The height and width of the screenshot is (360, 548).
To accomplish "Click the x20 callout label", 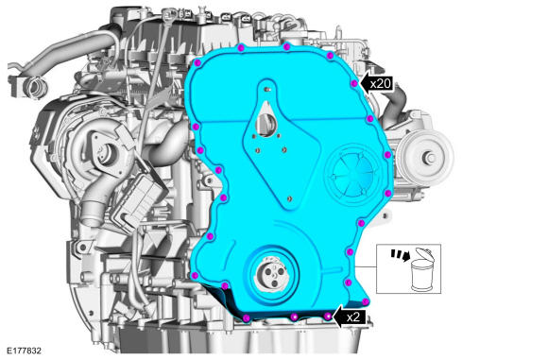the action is [x=381, y=84].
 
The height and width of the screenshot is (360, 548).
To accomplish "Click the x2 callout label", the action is [x=353, y=317].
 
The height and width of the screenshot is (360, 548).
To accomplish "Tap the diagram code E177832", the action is [x=24, y=351].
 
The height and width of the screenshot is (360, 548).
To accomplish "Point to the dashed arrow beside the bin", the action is [x=400, y=255].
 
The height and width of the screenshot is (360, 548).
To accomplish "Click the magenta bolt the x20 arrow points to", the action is [x=354, y=83].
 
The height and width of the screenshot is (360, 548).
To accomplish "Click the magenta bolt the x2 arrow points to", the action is [x=328, y=317].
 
